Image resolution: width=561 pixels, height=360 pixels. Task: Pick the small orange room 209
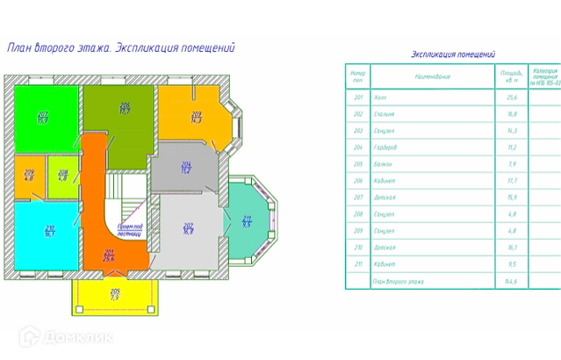[x=29, y=175]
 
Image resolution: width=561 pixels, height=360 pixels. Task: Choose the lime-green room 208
[x=62, y=175]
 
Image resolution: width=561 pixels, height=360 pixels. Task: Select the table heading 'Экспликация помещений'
[x=453, y=54]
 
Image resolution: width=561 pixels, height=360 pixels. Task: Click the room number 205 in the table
[x=357, y=164]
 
